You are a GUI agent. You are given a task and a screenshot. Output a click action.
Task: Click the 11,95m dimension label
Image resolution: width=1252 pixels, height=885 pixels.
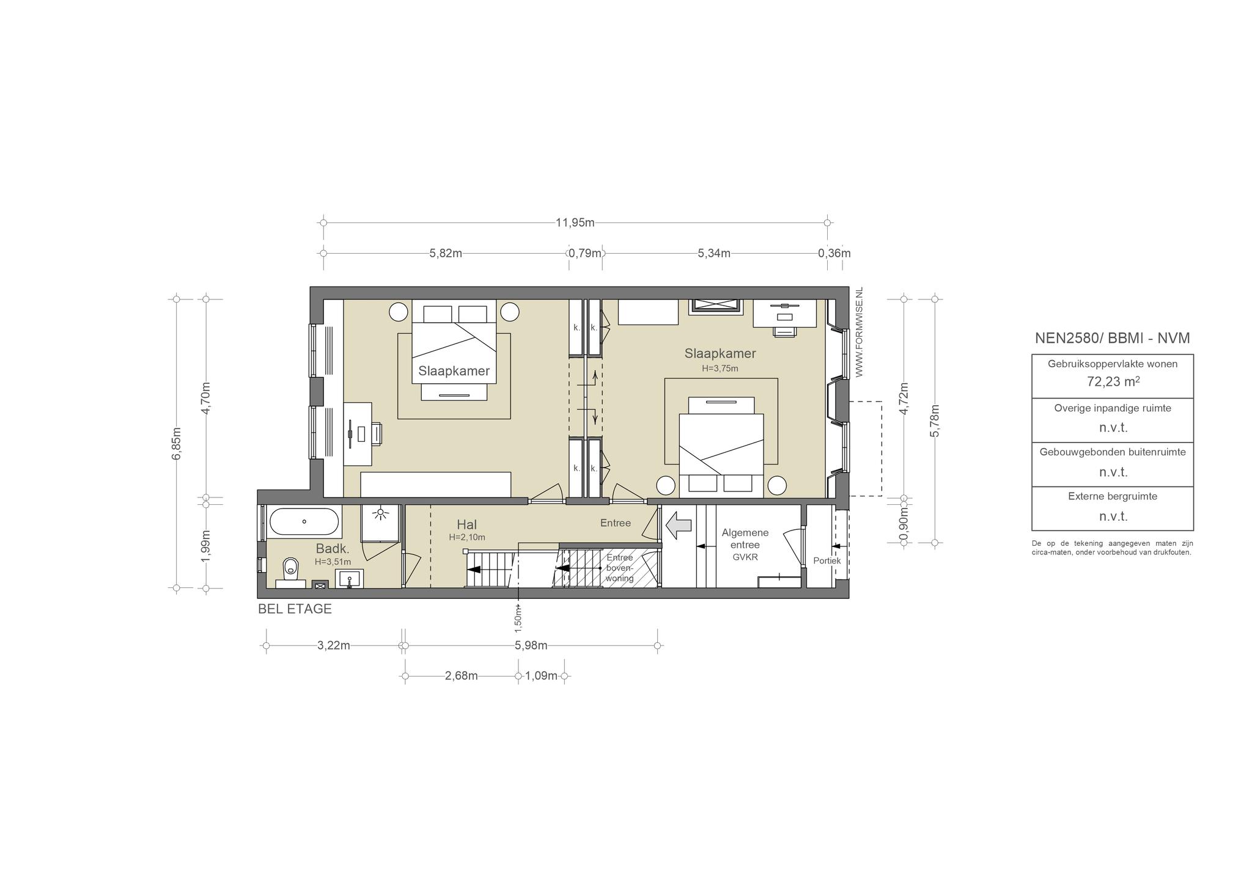575,222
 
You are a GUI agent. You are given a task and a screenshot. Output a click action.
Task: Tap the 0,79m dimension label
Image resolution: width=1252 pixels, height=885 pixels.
585,253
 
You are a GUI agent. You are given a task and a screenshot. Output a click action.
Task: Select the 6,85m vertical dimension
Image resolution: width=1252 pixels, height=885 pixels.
176,443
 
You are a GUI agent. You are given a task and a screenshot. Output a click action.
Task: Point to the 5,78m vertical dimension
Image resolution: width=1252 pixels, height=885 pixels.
934,420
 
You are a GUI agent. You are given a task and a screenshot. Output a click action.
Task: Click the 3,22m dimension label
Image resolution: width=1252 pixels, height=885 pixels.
334,645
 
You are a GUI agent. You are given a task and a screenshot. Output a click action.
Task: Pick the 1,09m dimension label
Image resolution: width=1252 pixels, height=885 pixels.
541,676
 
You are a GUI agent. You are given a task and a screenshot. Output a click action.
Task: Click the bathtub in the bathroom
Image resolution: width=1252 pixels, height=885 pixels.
304,522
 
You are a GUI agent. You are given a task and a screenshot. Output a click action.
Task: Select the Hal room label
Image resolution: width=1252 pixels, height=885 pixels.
466,524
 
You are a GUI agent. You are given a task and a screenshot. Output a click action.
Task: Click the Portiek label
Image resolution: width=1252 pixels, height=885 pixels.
827,560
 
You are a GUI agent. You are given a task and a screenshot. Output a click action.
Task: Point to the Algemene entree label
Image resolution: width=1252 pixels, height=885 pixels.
745,538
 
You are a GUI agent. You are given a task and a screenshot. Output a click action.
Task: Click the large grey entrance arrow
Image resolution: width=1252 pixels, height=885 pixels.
679,525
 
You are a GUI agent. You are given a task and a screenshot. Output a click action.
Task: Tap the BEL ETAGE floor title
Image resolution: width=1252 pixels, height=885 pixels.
295,609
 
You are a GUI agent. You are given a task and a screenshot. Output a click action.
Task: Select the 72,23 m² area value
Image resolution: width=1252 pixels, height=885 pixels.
1113,381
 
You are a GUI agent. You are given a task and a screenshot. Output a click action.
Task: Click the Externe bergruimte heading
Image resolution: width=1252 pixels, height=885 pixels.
1113,496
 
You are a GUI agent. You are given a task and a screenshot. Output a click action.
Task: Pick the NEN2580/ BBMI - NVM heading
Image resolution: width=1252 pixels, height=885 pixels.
1113,338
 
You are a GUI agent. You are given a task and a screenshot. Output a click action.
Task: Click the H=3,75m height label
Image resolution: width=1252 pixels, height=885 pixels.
720,369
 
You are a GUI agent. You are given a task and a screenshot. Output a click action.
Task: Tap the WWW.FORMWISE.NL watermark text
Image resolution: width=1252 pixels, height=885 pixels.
859,332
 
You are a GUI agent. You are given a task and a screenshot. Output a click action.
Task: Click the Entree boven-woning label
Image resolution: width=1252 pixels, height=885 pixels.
619,568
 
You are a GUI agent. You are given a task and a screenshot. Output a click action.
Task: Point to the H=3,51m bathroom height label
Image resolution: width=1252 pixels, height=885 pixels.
333,562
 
